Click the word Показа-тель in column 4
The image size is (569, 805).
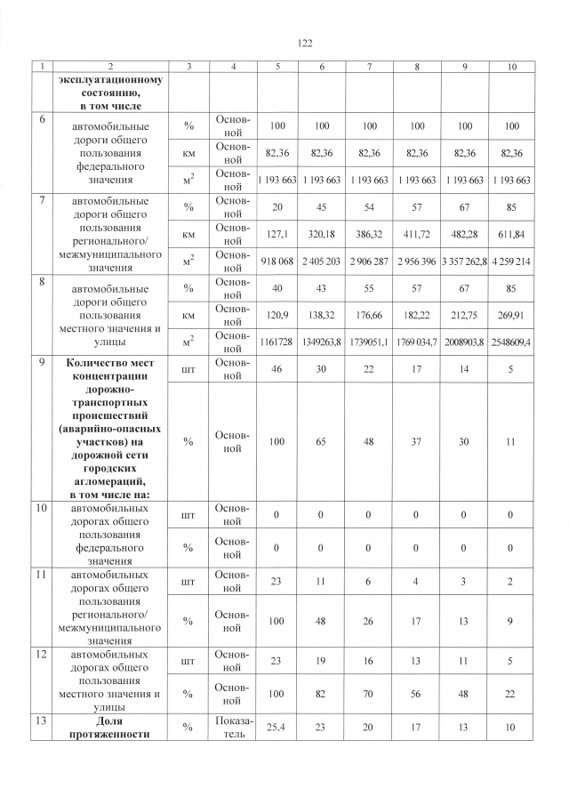point(232,727)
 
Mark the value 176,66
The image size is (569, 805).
point(369,315)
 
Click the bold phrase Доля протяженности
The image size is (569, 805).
point(111,727)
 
